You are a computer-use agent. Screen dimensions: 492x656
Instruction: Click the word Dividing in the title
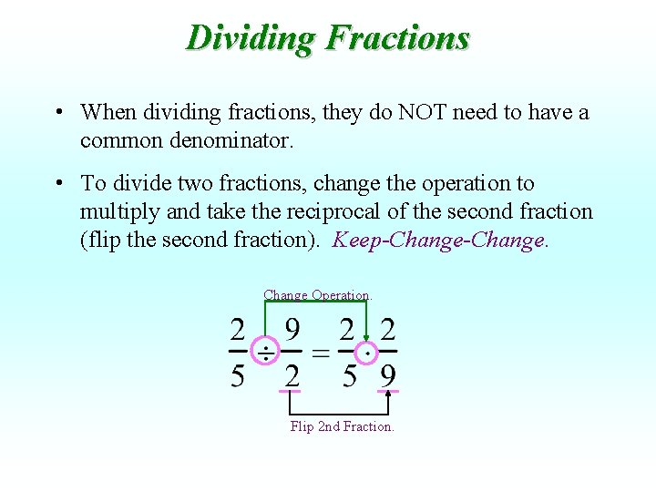point(250,38)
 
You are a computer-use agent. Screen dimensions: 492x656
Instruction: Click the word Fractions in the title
point(397,38)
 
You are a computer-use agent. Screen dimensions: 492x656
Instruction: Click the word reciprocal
point(338,212)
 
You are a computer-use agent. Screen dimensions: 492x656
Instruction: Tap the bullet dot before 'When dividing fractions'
point(57,113)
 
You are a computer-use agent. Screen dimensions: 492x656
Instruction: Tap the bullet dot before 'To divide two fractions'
point(57,184)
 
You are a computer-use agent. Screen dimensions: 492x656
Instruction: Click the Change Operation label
point(317,295)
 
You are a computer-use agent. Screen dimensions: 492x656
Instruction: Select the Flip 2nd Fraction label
point(342,426)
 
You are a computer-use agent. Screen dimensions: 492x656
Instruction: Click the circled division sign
point(265,353)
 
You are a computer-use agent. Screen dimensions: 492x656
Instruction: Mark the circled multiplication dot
point(367,353)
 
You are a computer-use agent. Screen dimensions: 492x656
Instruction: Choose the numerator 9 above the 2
point(292,330)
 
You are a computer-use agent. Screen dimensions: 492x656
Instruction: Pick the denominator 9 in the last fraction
point(388,375)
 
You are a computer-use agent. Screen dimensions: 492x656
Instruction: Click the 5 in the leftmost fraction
point(237,375)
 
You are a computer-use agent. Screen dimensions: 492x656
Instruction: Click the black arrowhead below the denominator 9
point(388,394)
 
